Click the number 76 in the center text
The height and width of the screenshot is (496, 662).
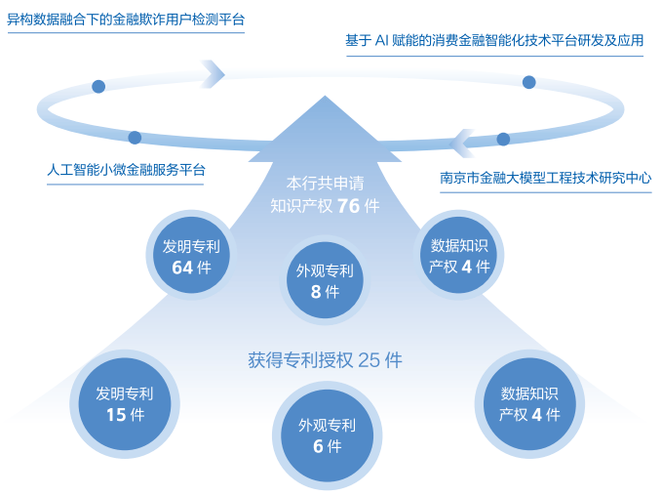(349, 205)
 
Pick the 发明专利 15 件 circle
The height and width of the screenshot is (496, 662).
(124, 403)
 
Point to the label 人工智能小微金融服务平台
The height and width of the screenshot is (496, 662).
(126, 169)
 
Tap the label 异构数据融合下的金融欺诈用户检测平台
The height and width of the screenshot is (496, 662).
(126, 19)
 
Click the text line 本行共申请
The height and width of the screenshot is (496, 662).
(325, 183)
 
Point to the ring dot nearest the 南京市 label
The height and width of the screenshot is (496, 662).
(503, 139)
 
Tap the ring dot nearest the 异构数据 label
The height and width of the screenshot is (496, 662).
(98, 86)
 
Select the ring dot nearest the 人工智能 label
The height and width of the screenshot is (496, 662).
(135, 138)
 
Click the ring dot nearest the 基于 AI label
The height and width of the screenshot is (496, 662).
(528, 82)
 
